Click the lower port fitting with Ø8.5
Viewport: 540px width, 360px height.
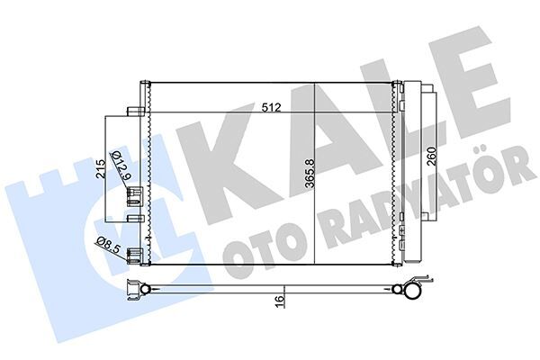[135, 256]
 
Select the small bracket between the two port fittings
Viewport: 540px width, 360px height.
[134, 218]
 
